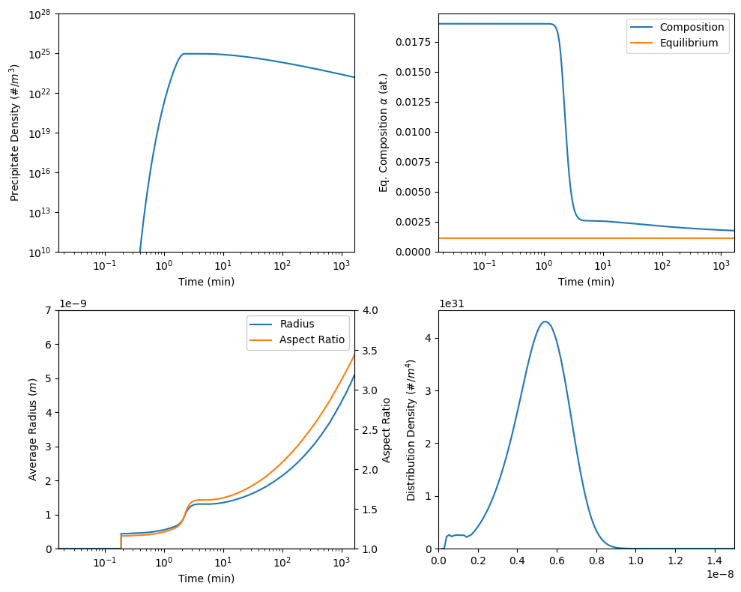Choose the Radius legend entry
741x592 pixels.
(x=297, y=324)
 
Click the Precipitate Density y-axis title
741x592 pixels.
(x=14, y=133)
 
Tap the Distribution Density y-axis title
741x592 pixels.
(x=411, y=430)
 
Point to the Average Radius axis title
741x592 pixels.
(x=33, y=429)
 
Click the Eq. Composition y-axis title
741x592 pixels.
(x=384, y=133)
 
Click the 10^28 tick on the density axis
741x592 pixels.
(x=39, y=14)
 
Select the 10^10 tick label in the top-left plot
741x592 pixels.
(x=39, y=252)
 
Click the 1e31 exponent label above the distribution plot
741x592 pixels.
(x=451, y=303)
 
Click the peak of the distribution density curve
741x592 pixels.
(x=545, y=321)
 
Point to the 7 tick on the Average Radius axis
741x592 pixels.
(x=49, y=310)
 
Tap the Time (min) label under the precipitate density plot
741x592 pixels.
(x=206, y=282)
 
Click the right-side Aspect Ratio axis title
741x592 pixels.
(x=387, y=429)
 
